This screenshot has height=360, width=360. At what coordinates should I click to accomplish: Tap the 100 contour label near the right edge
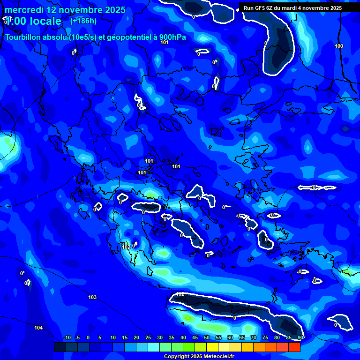point(339,46)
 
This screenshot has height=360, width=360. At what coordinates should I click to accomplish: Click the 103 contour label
point(92,297)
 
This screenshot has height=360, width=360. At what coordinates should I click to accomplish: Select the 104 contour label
point(38,328)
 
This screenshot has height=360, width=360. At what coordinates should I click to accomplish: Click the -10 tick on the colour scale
point(67,338)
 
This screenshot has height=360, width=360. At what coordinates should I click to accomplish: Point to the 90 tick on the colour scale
point(300,338)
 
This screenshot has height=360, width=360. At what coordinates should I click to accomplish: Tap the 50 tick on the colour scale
point(207,338)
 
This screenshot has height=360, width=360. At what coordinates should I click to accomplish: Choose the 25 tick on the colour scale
point(148,338)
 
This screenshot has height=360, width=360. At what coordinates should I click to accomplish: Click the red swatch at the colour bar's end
point(294,347)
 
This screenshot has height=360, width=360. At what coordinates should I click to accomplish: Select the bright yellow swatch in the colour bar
point(212,347)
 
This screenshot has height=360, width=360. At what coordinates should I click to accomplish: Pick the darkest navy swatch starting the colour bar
point(60,347)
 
